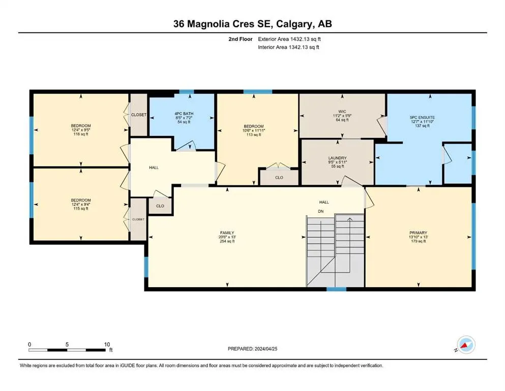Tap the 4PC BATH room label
click(x=184, y=114)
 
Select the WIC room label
click(x=342, y=111)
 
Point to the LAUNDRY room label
click(x=337, y=158)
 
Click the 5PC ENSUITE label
click(x=422, y=118)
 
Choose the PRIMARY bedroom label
click(x=419, y=233)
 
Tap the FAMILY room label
click(x=227, y=233)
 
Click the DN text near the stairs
click(x=321, y=211)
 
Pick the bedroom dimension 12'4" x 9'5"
click(x=81, y=130)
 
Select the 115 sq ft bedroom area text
click(x=81, y=209)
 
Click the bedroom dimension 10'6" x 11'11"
click(x=254, y=130)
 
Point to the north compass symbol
click(x=466, y=345)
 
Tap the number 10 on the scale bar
click(x=107, y=344)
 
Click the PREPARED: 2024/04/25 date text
click(x=252, y=349)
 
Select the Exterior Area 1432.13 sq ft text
click(x=289, y=39)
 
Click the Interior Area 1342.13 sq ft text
click(x=288, y=47)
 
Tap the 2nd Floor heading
click(x=241, y=39)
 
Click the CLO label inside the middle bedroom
click(x=279, y=178)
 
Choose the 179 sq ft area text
click(x=419, y=241)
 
